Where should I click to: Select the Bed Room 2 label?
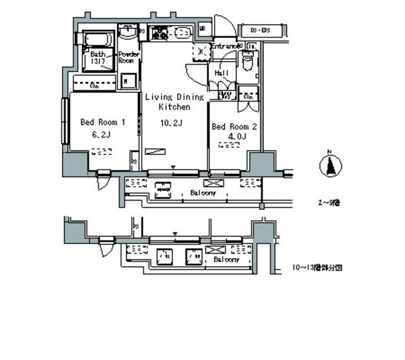(234, 127)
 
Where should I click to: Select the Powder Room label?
(128, 58)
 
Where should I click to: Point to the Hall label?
(222, 73)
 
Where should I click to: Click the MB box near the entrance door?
(204, 28)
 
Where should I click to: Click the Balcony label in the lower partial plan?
(226, 259)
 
